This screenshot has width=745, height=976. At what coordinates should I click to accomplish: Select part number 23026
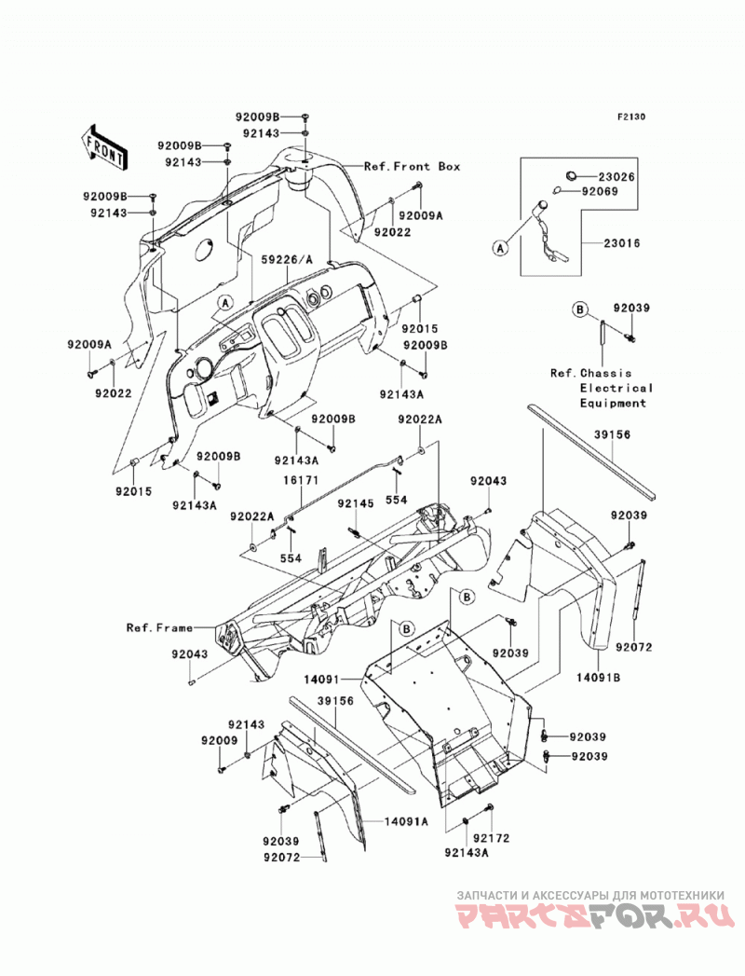coord(616,177)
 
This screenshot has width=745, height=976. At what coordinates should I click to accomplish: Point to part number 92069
coord(600,192)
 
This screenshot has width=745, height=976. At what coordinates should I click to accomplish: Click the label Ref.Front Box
coord(413,166)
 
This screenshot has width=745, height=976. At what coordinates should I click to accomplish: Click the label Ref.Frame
coord(159,627)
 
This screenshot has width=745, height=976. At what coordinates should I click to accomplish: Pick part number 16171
coord(301,480)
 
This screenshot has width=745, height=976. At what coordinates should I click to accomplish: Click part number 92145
coord(356,503)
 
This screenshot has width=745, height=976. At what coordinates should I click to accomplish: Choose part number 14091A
coord(406,821)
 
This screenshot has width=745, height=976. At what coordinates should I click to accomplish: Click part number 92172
coord(491,838)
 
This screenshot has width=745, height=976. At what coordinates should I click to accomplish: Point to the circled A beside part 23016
coord(500,248)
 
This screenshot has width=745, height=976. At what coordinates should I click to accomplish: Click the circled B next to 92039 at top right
coord(579,309)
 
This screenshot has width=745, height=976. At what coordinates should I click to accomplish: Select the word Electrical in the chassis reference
coord(616,388)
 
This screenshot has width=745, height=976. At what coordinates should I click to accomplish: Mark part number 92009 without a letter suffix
coord(220,741)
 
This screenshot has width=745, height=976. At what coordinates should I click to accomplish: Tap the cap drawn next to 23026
coord(575,175)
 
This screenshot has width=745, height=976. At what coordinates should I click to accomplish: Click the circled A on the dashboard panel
coord(225,303)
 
